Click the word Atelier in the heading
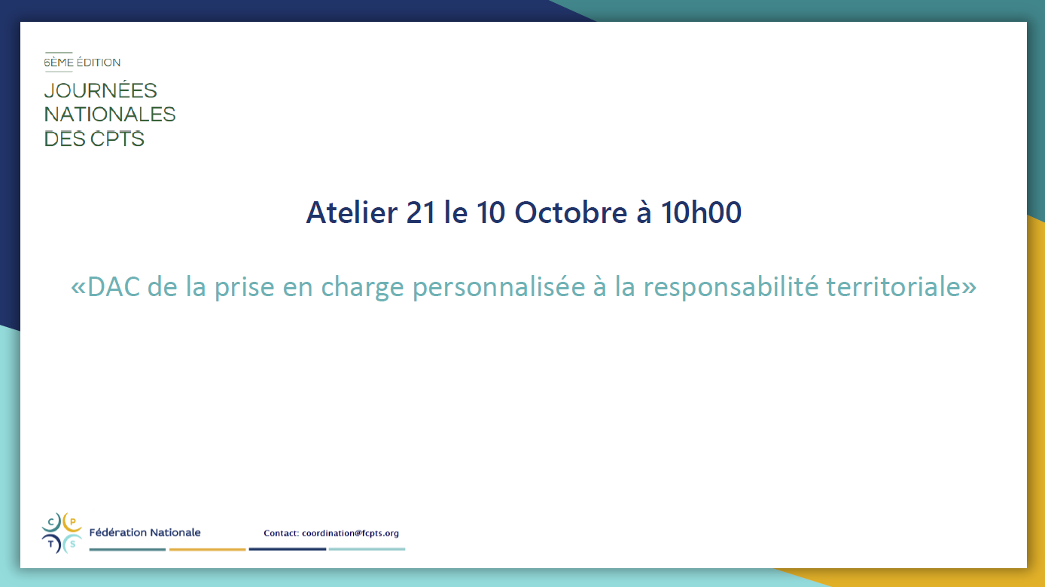tap(352, 212)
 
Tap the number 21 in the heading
tap(420, 212)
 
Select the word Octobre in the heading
tap(571, 212)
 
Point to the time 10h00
tap(701, 212)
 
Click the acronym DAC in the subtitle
tap(114, 286)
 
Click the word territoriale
tap(894, 286)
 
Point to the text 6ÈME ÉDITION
tap(82, 63)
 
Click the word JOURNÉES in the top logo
tap(100, 90)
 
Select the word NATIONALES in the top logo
tap(110, 115)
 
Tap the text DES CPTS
tap(94, 139)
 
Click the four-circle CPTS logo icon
tap(62, 533)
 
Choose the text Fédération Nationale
tap(145, 532)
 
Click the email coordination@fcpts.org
tap(350, 533)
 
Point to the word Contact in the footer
tap(281, 533)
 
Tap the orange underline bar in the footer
tap(207, 549)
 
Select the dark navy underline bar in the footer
tap(288, 549)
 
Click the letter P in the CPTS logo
tap(72, 522)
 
